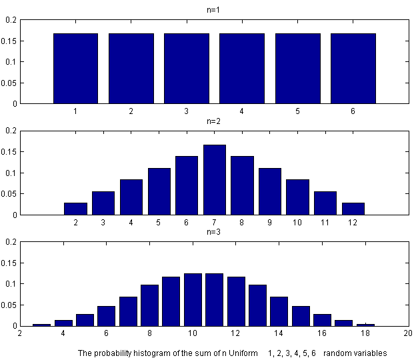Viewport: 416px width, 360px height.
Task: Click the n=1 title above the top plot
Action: point(214,10)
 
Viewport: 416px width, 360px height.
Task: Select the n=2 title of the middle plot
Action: point(214,122)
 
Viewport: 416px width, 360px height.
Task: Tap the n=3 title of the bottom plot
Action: point(214,233)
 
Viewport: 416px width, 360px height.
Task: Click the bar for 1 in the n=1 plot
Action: point(76,69)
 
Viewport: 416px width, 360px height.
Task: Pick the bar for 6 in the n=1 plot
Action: point(353,69)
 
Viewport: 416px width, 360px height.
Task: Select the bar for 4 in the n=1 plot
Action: point(242,69)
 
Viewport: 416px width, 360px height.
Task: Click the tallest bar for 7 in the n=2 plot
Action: point(214,180)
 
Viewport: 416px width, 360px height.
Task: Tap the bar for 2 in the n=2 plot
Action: point(75,209)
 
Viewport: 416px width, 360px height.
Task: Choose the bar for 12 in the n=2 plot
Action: point(353,209)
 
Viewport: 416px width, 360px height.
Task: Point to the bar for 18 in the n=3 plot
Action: point(365,325)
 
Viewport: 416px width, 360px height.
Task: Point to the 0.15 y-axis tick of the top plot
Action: point(10,41)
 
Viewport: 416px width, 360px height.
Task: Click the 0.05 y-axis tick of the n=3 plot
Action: point(10,305)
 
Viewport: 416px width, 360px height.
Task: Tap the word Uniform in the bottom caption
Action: point(247,352)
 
